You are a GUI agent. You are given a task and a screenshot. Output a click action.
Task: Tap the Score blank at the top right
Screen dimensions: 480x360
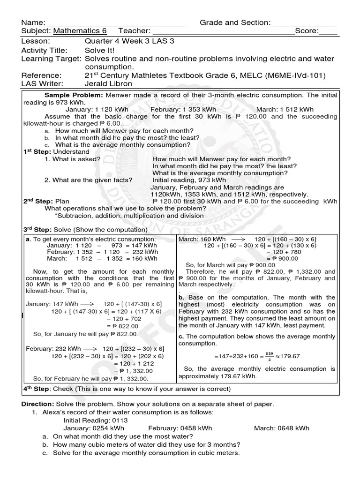click(328, 32)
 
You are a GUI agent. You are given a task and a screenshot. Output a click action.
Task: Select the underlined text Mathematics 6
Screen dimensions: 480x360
click(80, 31)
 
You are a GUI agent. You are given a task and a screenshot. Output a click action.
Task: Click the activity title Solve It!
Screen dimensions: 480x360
click(100, 50)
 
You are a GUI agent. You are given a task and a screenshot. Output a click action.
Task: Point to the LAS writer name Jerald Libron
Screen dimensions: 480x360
click(109, 84)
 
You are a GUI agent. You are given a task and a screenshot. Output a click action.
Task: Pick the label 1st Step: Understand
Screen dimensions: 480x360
click(56, 152)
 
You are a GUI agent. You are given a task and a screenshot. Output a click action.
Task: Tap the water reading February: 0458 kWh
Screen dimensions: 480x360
click(180, 428)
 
